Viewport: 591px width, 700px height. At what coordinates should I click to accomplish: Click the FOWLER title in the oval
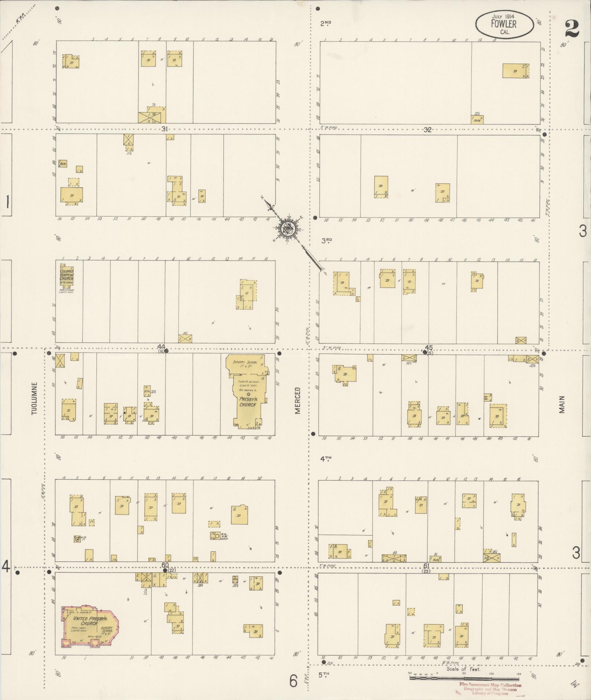[x=504, y=24]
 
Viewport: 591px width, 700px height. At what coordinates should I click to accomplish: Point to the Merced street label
[x=298, y=400]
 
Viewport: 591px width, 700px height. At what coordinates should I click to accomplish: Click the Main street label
[x=562, y=404]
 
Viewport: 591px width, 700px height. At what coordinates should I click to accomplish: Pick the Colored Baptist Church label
[x=67, y=275]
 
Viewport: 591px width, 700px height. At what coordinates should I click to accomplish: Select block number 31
[x=165, y=129]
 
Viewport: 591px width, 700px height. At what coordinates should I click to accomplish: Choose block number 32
[x=428, y=130]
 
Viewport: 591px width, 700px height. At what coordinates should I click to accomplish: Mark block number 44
[x=161, y=347]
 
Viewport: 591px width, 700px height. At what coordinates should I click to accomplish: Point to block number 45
[x=428, y=347]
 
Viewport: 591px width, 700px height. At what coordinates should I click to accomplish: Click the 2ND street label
[x=325, y=23]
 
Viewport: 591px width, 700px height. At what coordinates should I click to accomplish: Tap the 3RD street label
[x=326, y=241]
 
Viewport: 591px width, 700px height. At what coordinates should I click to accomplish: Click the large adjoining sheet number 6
[x=293, y=681]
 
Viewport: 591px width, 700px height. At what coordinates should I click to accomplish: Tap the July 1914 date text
[x=504, y=17]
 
